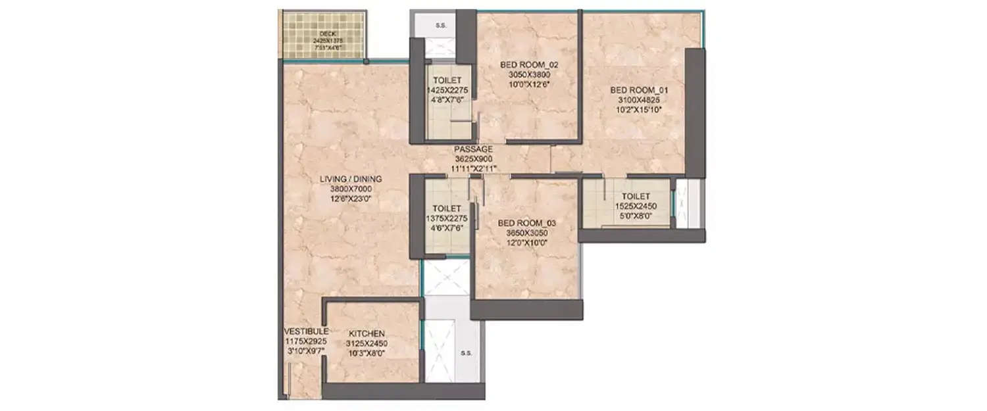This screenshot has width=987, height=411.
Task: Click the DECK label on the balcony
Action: coord(327,34)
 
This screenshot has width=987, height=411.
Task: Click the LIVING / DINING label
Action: coord(351,179)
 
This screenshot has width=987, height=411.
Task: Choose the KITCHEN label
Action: coord(367,334)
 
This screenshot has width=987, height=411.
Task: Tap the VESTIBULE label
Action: coord(302,332)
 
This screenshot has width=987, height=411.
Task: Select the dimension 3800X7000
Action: coord(351,189)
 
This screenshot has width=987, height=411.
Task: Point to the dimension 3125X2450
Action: coord(367,343)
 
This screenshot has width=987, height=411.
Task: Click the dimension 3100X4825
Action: coord(638,100)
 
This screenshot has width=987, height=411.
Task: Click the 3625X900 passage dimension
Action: coord(473,159)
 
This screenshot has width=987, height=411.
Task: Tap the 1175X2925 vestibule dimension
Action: coord(302,342)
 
